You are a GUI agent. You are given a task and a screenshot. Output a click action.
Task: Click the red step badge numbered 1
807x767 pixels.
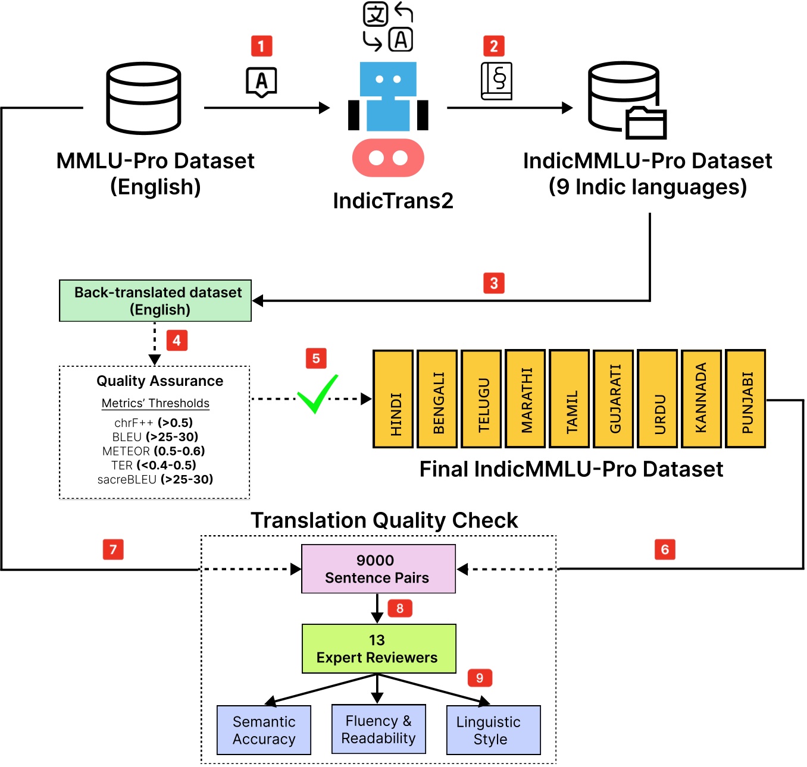click(261, 46)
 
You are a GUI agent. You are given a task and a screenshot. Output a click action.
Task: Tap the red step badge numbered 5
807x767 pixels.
click(316, 359)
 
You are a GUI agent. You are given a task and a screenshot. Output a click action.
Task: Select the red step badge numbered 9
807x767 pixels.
click(480, 678)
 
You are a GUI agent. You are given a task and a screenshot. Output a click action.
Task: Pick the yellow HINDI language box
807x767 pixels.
click(393, 398)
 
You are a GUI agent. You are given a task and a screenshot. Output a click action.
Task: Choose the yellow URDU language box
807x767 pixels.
click(657, 398)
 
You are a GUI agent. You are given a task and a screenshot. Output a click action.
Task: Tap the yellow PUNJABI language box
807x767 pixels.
click(746, 398)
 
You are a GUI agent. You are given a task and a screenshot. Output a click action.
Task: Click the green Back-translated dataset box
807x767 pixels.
click(155, 301)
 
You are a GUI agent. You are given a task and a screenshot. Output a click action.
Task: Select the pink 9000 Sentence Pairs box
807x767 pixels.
click(379, 569)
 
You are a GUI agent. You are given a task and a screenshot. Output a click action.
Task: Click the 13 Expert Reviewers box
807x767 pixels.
click(379, 649)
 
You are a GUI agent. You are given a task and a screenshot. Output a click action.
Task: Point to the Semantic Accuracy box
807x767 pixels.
click(264, 730)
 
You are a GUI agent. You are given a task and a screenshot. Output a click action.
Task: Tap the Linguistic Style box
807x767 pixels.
click(493, 730)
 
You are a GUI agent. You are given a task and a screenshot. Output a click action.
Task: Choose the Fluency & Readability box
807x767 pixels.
click(379, 729)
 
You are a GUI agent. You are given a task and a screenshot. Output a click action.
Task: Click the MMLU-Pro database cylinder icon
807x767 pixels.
click(143, 98)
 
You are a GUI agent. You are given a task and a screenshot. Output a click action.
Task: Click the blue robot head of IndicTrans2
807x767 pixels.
click(388, 79)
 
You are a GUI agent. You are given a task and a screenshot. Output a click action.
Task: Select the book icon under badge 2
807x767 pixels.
click(496, 81)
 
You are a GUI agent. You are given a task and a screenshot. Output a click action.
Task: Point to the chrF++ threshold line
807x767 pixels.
click(154, 423)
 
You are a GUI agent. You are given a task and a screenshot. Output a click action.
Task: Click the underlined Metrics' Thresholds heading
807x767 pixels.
click(155, 403)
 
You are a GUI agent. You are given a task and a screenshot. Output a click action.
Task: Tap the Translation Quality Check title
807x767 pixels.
click(384, 520)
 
